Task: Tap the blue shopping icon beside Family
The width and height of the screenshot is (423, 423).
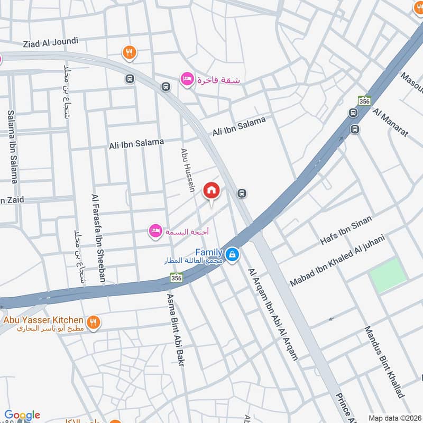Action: coord(232,255)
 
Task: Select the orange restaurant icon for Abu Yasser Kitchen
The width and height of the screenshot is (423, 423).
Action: coord(93,321)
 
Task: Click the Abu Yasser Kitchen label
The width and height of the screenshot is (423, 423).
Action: coord(43,320)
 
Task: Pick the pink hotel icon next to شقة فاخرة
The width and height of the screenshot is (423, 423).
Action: coord(186,79)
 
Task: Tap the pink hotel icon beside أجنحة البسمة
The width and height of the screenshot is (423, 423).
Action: coord(155,232)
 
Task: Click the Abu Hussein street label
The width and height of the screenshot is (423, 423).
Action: coord(188,169)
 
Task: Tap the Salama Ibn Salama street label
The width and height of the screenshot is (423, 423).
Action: coord(13,147)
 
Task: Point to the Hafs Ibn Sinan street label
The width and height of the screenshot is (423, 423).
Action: coord(346,230)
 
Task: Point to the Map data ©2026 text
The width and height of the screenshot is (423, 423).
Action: coord(394,418)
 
